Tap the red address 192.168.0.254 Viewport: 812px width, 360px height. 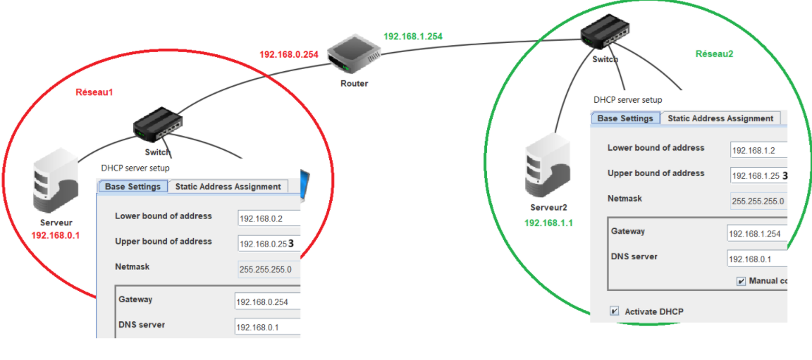(289, 54)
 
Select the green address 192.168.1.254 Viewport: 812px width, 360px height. (413, 36)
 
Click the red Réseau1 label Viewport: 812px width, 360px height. (94, 92)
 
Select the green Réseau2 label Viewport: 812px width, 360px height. (714, 54)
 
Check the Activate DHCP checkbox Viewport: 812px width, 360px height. (615, 311)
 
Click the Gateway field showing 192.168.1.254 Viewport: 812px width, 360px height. (757, 234)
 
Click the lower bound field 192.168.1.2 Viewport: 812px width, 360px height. (758, 151)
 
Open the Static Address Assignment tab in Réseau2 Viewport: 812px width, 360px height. (720, 118)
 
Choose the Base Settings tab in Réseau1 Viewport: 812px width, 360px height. (133, 187)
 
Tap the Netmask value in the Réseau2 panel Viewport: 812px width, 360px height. (758, 201)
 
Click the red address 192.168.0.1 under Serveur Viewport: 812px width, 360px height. (56, 235)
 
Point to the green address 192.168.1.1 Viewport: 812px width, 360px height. (548, 223)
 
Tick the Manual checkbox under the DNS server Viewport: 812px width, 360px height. (741, 281)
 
